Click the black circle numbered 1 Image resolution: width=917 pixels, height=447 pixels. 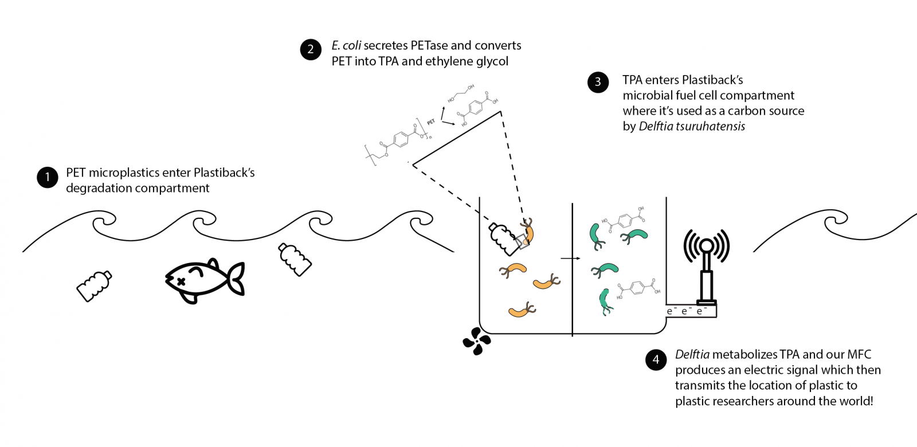(x=48, y=177)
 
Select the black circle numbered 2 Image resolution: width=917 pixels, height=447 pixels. (x=311, y=50)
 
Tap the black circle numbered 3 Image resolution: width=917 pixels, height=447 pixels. (x=598, y=82)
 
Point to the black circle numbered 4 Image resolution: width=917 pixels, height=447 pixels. (x=656, y=360)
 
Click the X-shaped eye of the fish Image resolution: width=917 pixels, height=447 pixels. (x=181, y=281)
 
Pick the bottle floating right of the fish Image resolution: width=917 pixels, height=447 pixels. (x=295, y=259)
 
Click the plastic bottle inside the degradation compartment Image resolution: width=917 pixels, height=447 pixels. (x=503, y=238)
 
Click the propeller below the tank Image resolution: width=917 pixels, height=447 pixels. (x=477, y=341)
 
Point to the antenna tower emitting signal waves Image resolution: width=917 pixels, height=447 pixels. (x=707, y=269)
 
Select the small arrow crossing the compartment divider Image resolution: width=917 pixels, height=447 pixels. (x=570, y=258)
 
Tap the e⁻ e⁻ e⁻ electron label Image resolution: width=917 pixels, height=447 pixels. (x=687, y=311)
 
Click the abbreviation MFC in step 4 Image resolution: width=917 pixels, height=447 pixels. (x=859, y=355)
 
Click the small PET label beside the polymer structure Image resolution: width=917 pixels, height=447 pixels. (x=431, y=122)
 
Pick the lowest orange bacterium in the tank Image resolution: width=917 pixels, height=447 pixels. (x=522, y=311)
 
